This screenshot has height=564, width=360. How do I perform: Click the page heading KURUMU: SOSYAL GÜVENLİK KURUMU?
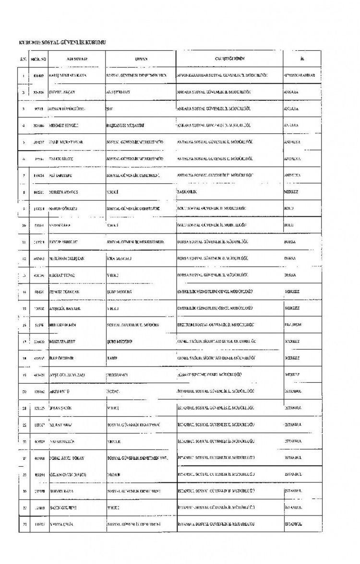pyautogui.click(x=62, y=43)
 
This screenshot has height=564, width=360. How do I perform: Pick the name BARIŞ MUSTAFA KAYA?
pyautogui.click(x=68, y=75)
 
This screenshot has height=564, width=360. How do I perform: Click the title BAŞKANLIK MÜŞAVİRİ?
pyautogui.click(x=125, y=125)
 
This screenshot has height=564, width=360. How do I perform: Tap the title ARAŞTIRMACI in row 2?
pyautogui.click(x=118, y=92)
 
